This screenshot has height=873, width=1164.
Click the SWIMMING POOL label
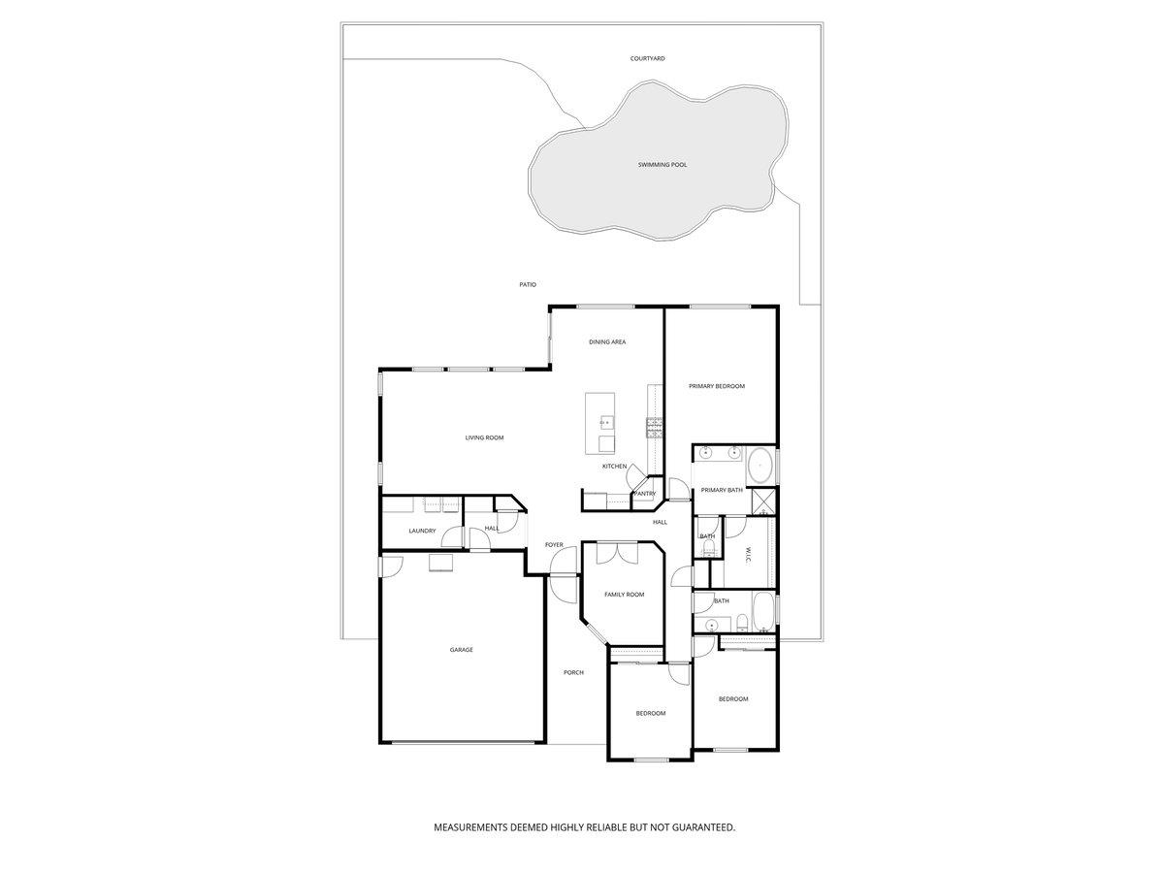[663, 165]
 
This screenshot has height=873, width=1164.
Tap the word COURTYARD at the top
[647, 59]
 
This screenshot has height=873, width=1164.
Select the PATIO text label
[528, 284]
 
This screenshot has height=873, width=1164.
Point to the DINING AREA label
[607, 342]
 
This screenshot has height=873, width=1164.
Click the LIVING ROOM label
[484, 438]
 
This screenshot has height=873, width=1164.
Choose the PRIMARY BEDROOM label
[717, 387]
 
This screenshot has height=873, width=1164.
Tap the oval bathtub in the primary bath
[760, 466]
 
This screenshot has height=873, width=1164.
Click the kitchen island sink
[606, 423]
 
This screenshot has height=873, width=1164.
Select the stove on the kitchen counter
[655, 427]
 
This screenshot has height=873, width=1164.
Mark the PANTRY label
[645, 494]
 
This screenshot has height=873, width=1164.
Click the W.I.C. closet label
[748, 554]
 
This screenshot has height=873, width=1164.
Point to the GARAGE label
[462, 650]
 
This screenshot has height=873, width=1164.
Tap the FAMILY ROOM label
[624, 595]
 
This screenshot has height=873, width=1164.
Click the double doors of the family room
[617, 553]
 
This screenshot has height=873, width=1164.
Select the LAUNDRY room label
[422, 531]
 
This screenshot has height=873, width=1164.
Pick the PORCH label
[573, 672]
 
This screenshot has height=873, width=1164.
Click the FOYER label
[554, 545]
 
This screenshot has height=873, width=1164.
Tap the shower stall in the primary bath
[764, 501]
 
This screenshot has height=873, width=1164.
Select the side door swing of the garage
[392, 566]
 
